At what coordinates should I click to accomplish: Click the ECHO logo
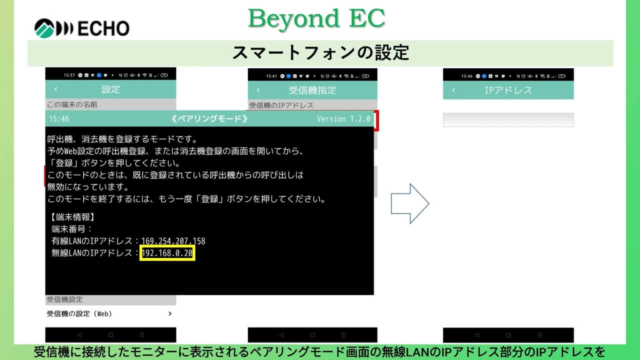82,28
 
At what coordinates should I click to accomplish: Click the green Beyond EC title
316,18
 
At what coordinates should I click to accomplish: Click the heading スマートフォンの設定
320,53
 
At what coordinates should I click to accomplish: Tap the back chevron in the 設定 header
56,89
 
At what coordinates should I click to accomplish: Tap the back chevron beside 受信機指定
258,90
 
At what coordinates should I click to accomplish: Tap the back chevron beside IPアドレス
453,90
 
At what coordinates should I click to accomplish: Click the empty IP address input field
508,119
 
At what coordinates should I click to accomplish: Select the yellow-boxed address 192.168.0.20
167,253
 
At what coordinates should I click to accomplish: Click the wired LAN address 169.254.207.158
173,241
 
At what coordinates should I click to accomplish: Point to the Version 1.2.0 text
343,119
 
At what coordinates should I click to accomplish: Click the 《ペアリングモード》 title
209,119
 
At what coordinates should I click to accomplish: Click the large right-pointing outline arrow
410,203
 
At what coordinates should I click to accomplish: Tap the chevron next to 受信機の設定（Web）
170,313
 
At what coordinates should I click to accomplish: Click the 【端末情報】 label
73,217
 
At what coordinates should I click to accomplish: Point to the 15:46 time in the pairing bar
59,119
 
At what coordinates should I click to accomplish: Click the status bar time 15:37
69,75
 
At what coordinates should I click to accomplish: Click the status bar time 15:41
271,76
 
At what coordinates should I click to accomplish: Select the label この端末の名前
72,104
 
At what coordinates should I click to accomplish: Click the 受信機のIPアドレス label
281,105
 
